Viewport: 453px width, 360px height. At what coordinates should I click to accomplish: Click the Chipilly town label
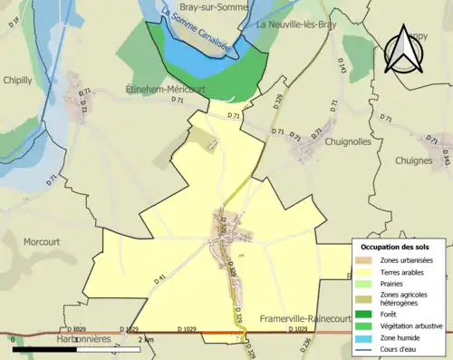pos(17,80)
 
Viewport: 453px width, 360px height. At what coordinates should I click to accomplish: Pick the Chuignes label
pos(414,161)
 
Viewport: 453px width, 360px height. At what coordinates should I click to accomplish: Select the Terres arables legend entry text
pos(406,271)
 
